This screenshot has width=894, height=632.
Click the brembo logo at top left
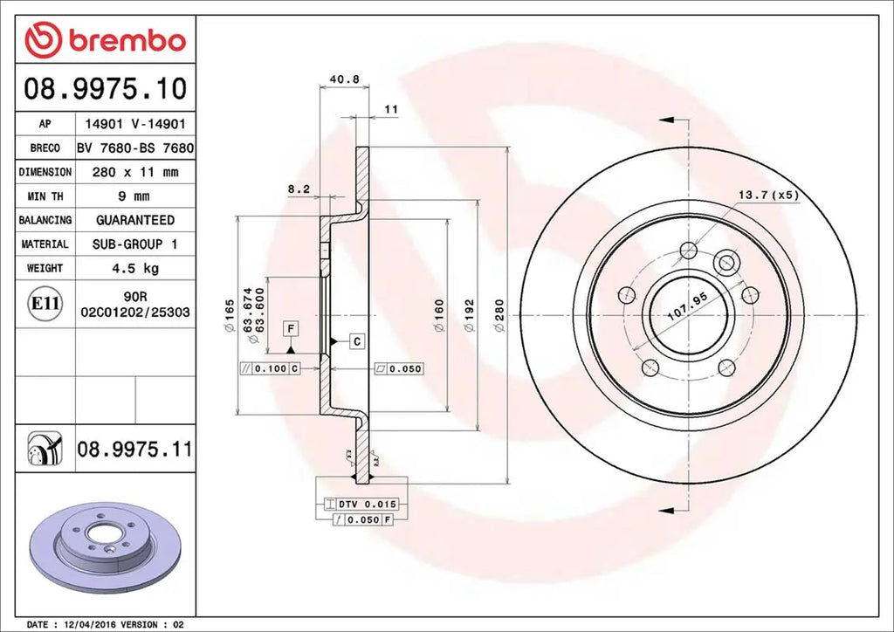(x=105, y=40)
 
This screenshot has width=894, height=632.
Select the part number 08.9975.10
(x=105, y=88)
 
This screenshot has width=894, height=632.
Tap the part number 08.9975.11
(x=134, y=450)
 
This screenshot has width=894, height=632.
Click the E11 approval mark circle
(x=45, y=304)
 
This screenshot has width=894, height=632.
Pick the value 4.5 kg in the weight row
(x=134, y=268)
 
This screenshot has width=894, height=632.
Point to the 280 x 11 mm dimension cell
(x=134, y=173)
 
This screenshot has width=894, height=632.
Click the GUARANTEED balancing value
(x=134, y=220)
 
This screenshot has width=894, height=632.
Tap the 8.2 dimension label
(x=298, y=189)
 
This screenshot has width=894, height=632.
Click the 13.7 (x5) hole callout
(x=768, y=195)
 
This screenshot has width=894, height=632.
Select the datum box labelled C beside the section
(x=357, y=341)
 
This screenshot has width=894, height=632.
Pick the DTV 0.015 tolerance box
(x=360, y=505)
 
